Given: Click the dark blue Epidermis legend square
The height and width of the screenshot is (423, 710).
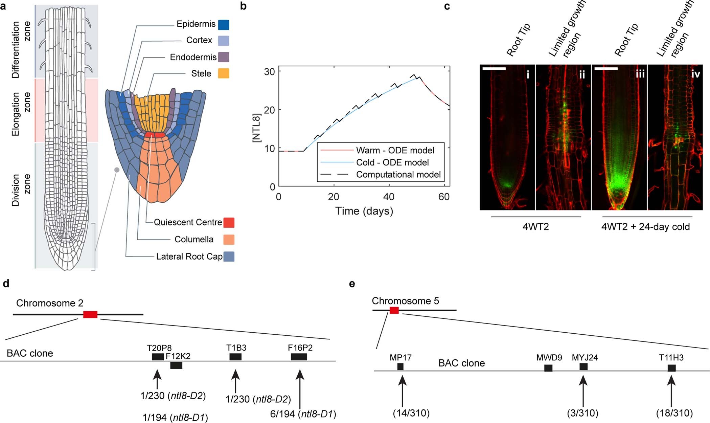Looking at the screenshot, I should click(x=224, y=25).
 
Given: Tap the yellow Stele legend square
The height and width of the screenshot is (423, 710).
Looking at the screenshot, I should click(x=224, y=73).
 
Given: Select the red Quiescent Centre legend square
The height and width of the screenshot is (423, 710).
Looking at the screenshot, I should click(x=229, y=223).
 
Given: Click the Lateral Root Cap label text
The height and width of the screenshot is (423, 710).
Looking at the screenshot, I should click(x=189, y=257).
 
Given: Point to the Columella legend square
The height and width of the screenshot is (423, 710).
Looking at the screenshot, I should click(x=229, y=240).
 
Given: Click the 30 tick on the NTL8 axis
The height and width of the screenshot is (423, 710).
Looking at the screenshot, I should click(x=270, y=71).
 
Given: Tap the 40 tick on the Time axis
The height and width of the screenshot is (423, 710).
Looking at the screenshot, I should click(x=389, y=197).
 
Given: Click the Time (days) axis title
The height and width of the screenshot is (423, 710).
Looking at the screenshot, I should click(x=364, y=211).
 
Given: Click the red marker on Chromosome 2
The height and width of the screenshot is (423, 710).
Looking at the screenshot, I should click(x=90, y=314).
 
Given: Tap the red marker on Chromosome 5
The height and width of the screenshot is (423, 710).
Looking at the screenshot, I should click(x=394, y=310).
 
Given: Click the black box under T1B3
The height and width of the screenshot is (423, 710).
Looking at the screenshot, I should click(x=235, y=357).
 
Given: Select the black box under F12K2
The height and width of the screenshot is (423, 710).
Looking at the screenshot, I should click(x=176, y=365).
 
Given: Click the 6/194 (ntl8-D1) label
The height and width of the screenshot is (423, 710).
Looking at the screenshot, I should click(x=303, y=414).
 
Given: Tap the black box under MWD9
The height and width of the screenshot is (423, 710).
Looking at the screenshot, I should click(x=548, y=368).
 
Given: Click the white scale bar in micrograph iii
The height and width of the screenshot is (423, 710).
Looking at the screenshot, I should click(x=605, y=69).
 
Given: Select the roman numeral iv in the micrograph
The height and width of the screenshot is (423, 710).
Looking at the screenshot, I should click(x=695, y=73).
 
